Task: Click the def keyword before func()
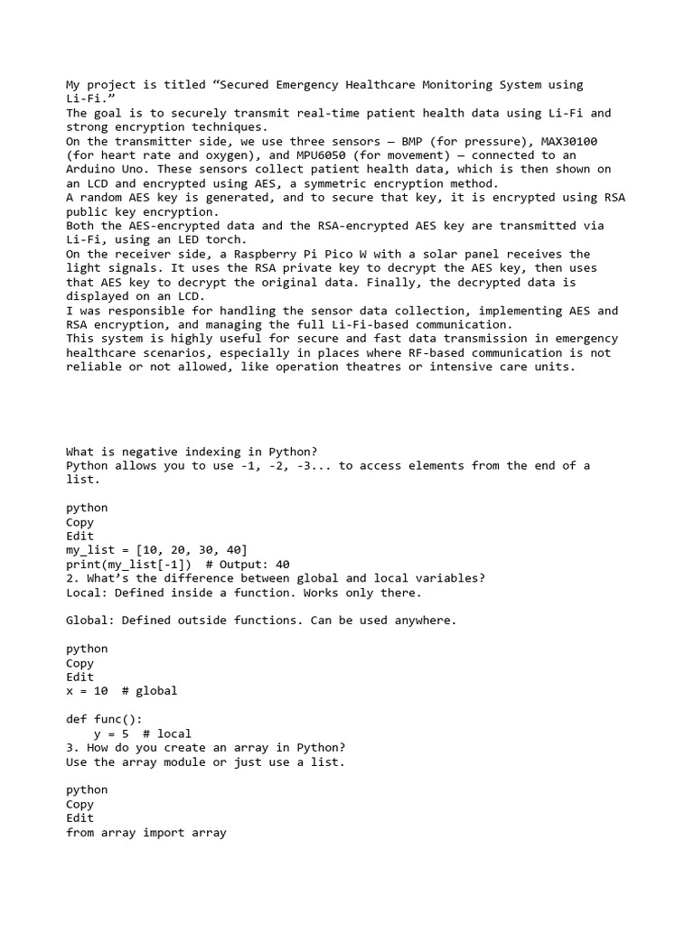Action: [x=77, y=719]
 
